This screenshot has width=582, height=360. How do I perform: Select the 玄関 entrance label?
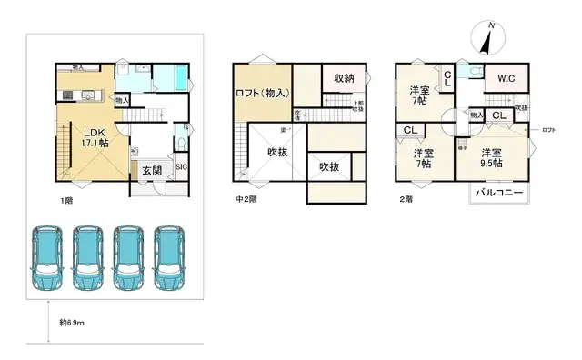151,170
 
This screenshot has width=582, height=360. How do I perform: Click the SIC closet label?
180,166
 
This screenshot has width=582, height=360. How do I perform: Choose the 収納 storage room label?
343,79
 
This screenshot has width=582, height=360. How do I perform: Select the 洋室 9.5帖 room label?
492,159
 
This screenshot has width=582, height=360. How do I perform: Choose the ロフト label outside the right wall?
548,131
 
